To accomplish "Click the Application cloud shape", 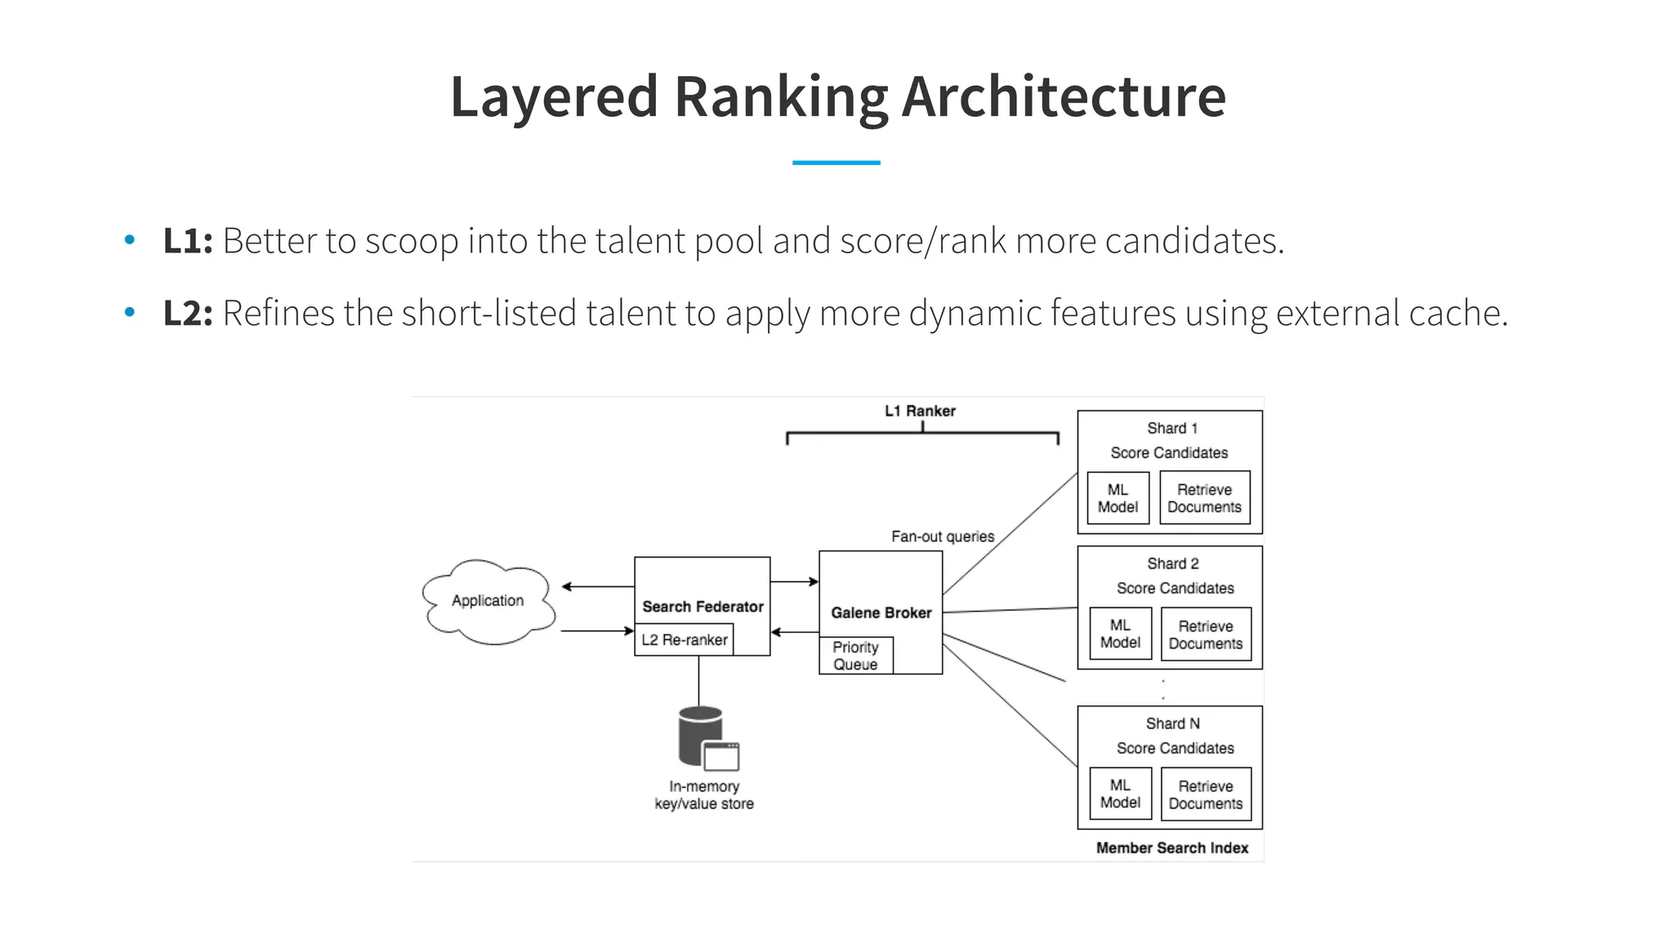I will click(x=489, y=601).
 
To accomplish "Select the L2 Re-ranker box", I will click(x=684, y=640).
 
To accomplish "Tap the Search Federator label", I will click(x=703, y=607).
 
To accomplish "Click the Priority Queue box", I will click(x=855, y=656).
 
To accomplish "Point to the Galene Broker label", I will click(x=881, y=613).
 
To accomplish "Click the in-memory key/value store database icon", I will click(x=706, y=738).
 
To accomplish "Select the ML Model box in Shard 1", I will click(x=1118, y=498).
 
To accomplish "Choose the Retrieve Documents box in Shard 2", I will click(x=1206, y=635).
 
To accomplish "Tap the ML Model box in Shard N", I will click(x=1120, y=794).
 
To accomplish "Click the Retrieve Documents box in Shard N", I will click(x=1206, y=795).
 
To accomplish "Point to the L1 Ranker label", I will click(x=920, y=411).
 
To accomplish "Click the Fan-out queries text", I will click(x=943, y=537).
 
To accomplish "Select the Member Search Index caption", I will click(x=1171, y=848).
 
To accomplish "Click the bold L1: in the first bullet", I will click(x=188, y=241).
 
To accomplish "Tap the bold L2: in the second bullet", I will click(x=188, y=313).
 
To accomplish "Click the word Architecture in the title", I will click(x=1063, y=96).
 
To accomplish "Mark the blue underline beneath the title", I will click(x=836, y=163).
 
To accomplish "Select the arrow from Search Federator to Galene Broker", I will click(x=794, y=582).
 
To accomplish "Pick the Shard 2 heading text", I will click(x=1172, y=564).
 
